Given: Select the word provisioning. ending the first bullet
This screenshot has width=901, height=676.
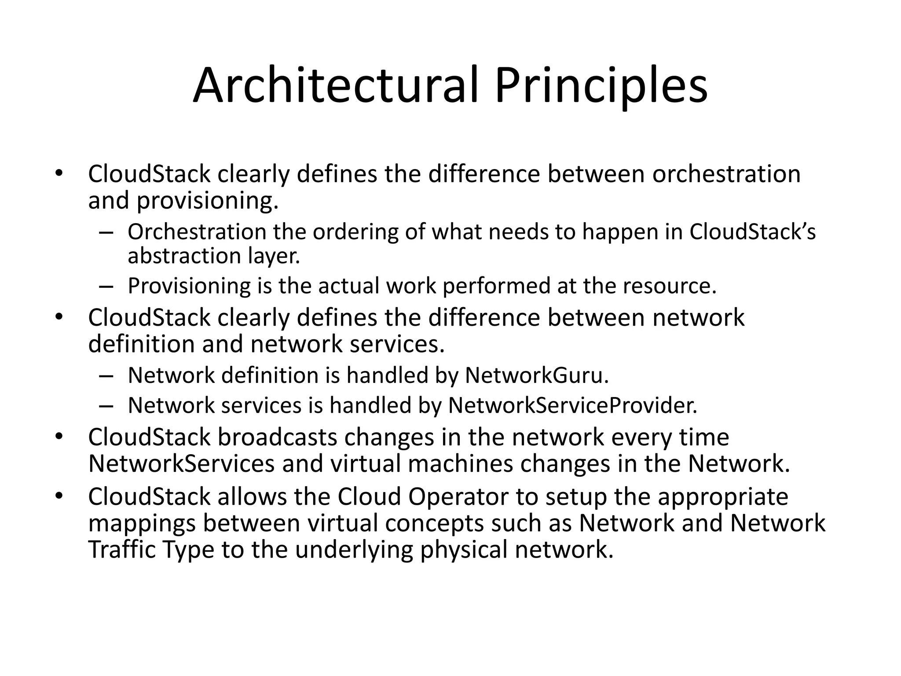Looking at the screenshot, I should pos(207,201).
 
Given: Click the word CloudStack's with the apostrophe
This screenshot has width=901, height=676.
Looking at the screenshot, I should pos(752,232).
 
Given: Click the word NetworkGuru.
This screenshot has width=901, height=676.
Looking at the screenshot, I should pos(537,375).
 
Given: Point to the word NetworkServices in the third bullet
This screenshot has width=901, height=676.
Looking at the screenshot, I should pos(181,463).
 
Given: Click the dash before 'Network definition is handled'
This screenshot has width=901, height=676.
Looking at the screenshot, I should pos(106,376).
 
